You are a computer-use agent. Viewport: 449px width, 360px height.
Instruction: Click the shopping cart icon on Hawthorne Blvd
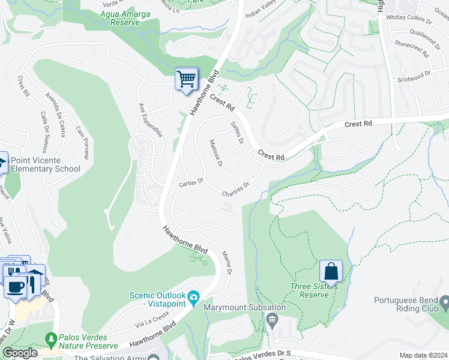click(187, 79)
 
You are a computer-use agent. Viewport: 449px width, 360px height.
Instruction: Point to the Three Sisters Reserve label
click(315, 290)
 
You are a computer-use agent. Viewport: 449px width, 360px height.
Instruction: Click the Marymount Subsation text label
click(234, 307)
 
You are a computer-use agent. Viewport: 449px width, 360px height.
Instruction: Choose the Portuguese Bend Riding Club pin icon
click(444, 301)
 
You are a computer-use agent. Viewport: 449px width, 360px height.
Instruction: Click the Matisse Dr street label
click(217, 154)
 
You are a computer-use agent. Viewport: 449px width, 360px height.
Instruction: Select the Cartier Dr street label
click(191, 182)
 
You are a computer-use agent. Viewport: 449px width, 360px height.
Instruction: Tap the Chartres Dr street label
click(235, 189)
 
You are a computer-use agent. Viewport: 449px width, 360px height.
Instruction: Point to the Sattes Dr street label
click(237, 133)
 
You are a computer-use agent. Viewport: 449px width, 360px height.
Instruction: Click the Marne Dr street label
click(227, 263)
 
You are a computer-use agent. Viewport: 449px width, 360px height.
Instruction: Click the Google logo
click(20, 353)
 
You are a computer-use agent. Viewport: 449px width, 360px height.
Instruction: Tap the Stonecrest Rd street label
click(411, 49)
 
